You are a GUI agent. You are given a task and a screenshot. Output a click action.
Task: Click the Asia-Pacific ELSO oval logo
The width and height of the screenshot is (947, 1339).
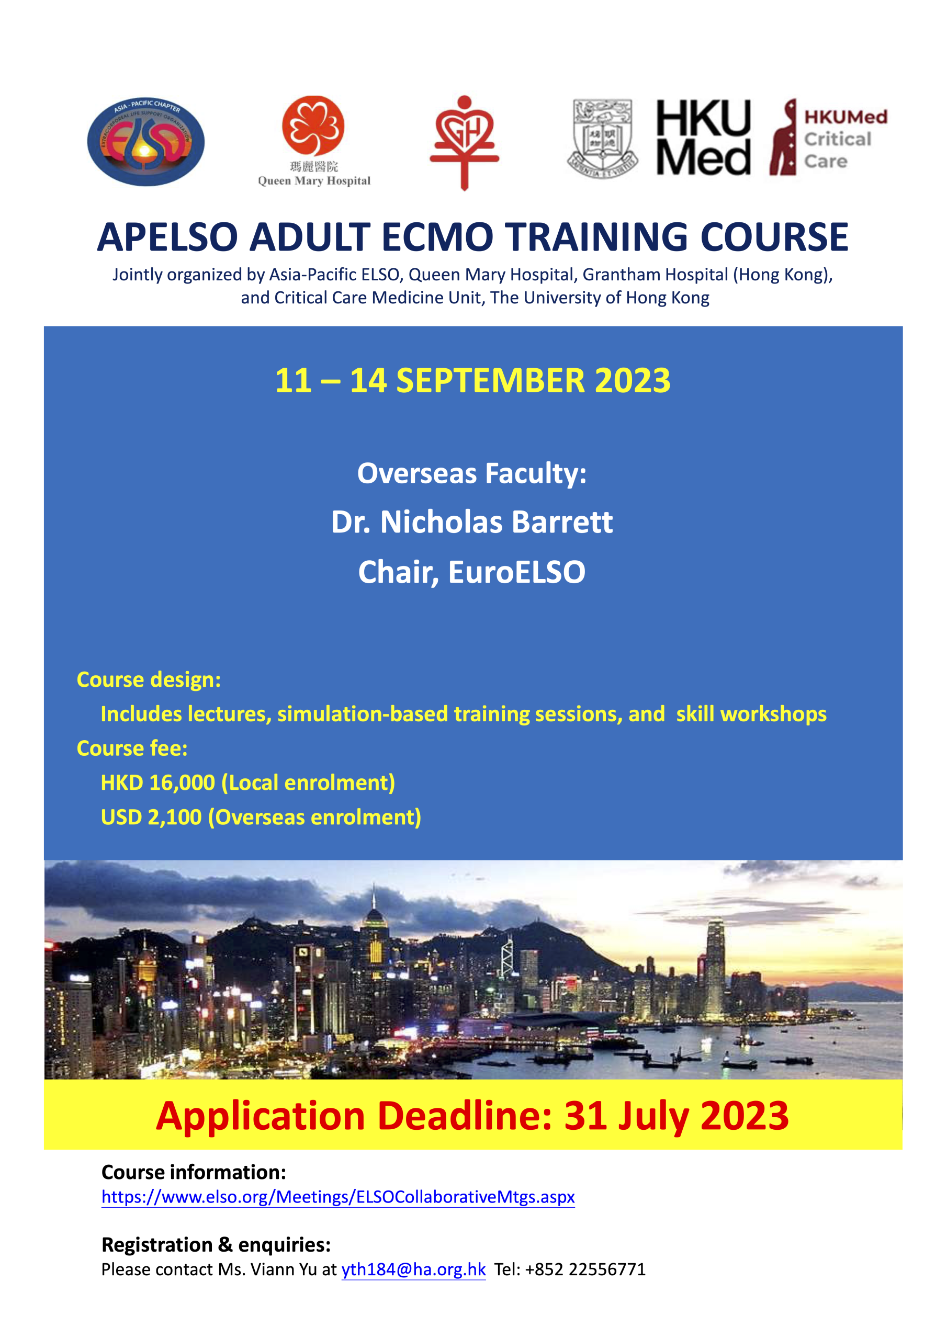(146, 142)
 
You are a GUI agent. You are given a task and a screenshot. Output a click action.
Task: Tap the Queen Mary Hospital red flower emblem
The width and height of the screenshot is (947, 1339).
(313, 126)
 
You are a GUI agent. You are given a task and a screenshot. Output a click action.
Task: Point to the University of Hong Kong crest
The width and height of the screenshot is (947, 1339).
(603, 138)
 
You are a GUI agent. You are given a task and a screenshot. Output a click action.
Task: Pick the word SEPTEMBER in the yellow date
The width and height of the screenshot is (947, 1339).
(490, 380)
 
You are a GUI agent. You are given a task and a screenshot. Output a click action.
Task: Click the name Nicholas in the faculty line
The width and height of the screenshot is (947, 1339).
(441, 521)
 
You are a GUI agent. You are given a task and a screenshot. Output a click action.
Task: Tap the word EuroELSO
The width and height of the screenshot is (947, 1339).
(516, 572)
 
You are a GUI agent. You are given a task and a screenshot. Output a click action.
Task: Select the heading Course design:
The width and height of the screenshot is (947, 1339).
(149, 680)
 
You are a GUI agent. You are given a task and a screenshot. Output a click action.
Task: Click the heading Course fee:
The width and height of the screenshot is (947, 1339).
(132, 748)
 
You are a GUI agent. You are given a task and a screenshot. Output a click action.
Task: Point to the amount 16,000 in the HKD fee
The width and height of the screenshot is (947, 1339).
(182, 782)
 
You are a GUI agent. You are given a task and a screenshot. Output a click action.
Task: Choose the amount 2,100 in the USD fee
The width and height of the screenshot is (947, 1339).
(174, 817)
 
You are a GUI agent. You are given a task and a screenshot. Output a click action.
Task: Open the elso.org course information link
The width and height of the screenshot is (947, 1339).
(339, 1197)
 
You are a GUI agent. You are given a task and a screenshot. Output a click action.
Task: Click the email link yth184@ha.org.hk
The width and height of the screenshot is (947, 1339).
(414, 1269)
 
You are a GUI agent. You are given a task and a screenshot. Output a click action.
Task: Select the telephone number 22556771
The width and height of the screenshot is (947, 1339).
(607, 1269)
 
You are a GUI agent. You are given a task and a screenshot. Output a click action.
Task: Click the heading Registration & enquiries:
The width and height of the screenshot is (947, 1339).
(216, 1244)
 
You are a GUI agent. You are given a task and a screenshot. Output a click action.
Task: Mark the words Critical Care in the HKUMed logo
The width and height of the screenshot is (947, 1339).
(837, 150)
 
